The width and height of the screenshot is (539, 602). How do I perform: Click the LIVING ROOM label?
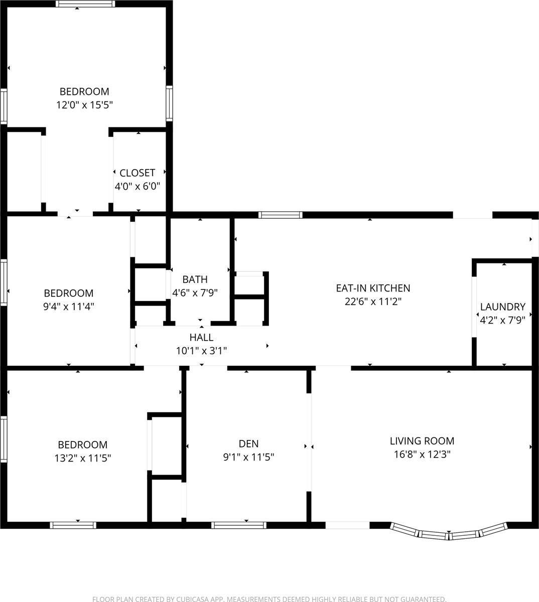click(422, 441)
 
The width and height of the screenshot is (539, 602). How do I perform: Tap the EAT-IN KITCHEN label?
click(373, 288)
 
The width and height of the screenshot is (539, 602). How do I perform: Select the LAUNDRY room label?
click(502, 307)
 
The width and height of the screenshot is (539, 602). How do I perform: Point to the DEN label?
click(248, 443)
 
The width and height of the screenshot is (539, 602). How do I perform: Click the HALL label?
click(201, 338)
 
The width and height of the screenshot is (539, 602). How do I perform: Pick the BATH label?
click(195, 279)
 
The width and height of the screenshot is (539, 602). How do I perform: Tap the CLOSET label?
click(137, 173)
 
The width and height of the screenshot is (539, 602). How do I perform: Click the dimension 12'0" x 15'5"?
click(84, 105)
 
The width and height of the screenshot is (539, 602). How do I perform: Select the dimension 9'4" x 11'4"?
click(69, 306)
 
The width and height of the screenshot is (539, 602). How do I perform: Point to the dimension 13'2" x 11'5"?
click(83, 458)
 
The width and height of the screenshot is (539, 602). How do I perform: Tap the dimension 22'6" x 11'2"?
click(373, 302)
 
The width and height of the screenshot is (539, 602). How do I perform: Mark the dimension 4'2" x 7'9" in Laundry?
click(502, 320)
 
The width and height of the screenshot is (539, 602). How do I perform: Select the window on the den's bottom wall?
click(238, 525)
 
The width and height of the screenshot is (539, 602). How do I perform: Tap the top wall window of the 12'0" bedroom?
click(85, 4)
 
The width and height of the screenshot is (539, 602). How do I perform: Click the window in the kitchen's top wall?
click(281, 215)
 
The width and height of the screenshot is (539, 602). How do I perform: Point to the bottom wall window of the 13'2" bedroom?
click(73, 525)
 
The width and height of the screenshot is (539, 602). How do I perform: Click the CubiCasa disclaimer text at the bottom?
click(269, 598)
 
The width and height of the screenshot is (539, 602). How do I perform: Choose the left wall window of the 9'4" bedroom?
click(4, 282)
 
